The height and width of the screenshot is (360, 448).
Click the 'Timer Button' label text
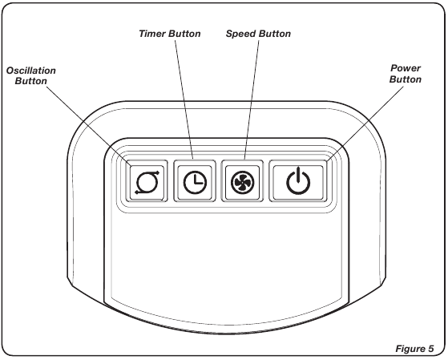[x=170, y=34]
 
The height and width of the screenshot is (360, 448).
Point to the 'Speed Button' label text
[x=258, y=34]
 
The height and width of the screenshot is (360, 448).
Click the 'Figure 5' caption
[x=414, y=349]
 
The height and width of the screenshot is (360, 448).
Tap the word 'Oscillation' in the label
[x=31, y=71]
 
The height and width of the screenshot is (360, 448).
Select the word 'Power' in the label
[x=406, y=68]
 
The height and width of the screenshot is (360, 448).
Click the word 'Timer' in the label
[x=151, y=34]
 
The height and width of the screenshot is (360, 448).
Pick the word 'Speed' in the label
[x=240, y=34]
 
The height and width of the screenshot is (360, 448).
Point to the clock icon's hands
[x=198, y=179]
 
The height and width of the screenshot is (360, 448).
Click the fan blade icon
[x=242, y=183]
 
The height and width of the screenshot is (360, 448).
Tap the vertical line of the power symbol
[x=298, y=175]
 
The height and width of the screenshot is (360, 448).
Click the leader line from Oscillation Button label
[x=89, y=126]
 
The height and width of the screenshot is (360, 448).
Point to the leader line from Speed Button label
[x=252, y=99]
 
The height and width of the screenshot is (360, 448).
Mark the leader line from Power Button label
[x=365, y=123]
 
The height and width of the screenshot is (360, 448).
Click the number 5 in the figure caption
[x=431, y=349]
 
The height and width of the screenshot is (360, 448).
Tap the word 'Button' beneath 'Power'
[x=406, y=79]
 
